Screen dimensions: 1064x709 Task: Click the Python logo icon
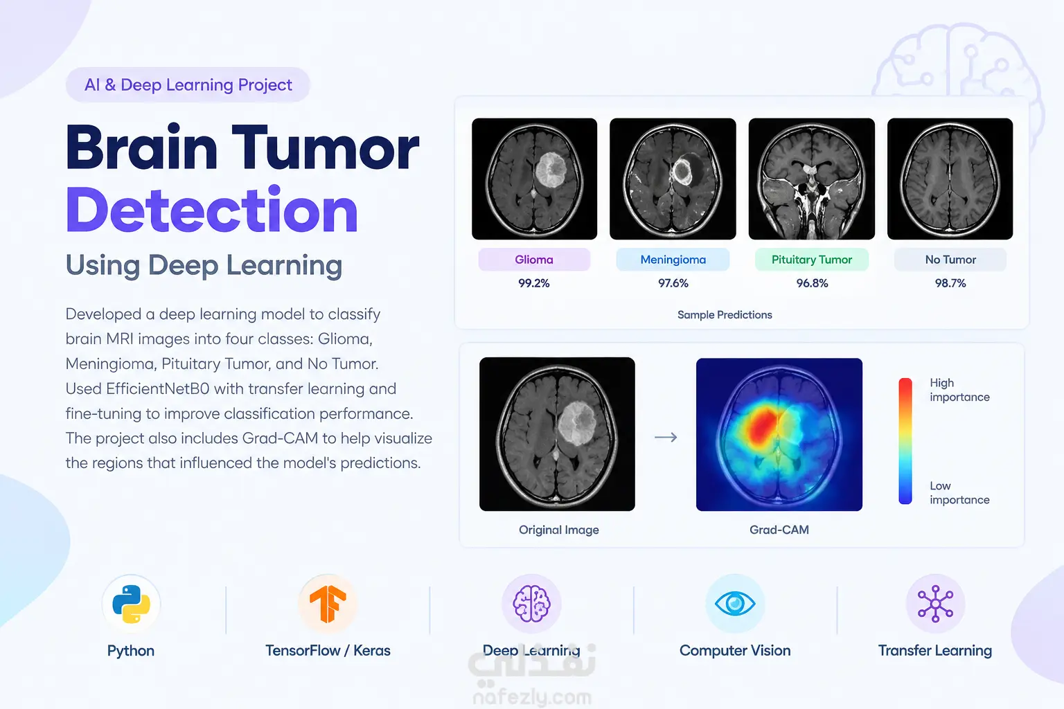pyautogui.click(x=131, y=604)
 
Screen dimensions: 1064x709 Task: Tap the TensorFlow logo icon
pyautogui.click(x=328, y=604)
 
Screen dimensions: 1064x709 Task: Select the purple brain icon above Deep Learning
pyautogui.click(x=531, y=604)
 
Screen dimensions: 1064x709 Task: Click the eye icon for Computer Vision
pyautogui.click(x=735, y=604)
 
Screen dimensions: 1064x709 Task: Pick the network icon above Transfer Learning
pyautogui.click(x=935, y=604)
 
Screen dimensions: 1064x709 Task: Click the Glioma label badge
pyautogui.click(x=534, y=260)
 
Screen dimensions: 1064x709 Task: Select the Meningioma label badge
pyautogui.click(x=673, y=260)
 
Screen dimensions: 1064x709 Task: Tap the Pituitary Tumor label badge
pyautogui.click(x=812, y=260)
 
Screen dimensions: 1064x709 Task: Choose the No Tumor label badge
pyautogui.click(x=950, y=260)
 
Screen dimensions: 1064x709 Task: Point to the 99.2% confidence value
pyautogui.click(x=534, y=283)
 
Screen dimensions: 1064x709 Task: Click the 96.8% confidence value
pyautogui.click(x=813, y=283)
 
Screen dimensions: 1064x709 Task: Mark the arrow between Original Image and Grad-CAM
pyautogui.click(x=666, y=437)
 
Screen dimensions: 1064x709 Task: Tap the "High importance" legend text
pyautogui.click(x=959, y=390)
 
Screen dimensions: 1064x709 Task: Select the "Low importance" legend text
pyautogui.click(x=959, y=492)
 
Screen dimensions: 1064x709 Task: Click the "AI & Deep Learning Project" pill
pyautogui.click(x=188, y=84)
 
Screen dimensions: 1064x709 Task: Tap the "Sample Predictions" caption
pyautogui.click(x=725, y=315)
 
